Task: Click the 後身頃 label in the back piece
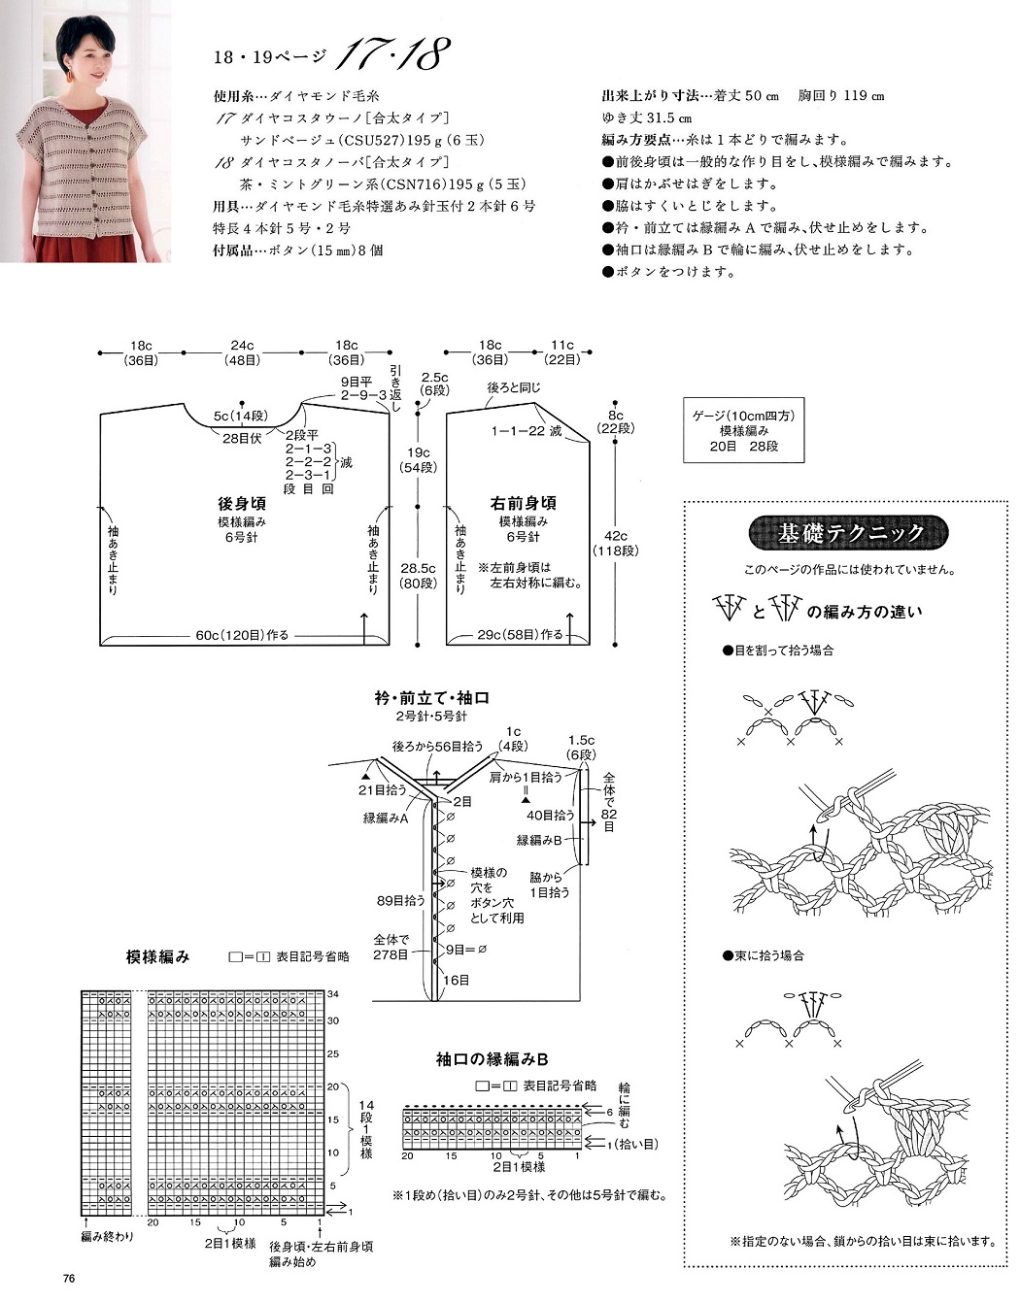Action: point(242,504)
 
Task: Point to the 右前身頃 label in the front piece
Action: point(523,504)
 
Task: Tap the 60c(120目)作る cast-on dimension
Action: point(242,635)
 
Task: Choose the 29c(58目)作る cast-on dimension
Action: point(520,635)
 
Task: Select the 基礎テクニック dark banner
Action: point(848,533)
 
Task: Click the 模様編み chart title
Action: point(158,956)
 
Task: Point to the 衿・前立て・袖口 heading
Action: point(431,698)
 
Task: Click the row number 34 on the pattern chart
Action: point(333,994)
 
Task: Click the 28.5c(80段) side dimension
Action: point(418,576)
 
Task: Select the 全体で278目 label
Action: point(391,948)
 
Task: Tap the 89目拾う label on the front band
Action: point(400,901)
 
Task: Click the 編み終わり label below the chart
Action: point(107,1237)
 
